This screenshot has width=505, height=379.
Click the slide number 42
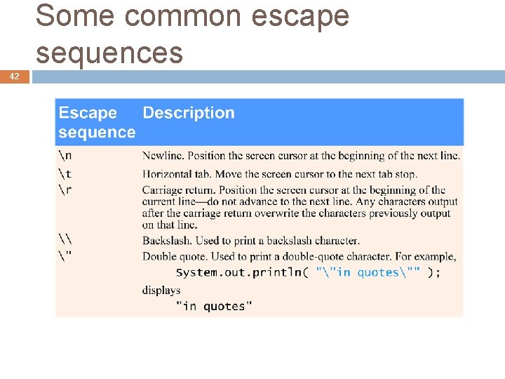coord(15,77)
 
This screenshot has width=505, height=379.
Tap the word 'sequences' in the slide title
coord(109,53)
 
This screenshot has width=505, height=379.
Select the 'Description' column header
coord(188,113)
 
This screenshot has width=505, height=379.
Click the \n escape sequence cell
coord(65,155)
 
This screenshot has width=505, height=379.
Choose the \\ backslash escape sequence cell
coord(65,240)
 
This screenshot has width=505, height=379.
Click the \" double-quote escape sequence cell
coord(65,256)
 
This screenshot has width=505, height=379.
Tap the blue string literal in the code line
coord(368,272)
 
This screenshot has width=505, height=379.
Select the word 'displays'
coord(161,290)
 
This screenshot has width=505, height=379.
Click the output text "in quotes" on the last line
coord(214,306)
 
